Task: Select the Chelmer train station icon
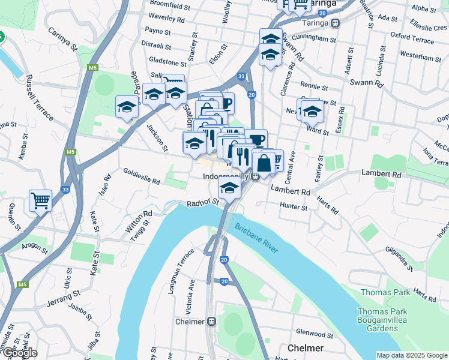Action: [x=211, y=321]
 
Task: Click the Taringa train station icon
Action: [x=336, y=23]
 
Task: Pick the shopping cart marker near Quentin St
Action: [x=40, y=200]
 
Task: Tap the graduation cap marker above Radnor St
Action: [x=229, y=188]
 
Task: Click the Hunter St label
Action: [x=294, y=206]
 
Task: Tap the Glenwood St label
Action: [x=319, y=332]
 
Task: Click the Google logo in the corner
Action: [x=19, y=353]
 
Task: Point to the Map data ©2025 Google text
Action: [x=411, y=355]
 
